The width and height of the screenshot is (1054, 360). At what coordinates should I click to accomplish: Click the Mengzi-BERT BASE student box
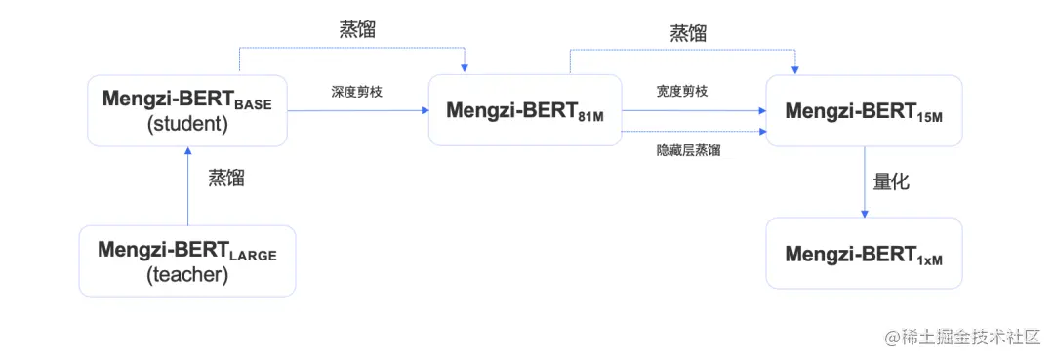(x=187, y=111)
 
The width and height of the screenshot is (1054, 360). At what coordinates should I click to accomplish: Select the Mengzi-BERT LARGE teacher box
(x=187, y=260)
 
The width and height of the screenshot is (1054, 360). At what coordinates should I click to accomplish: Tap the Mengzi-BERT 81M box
(x=525, y=110)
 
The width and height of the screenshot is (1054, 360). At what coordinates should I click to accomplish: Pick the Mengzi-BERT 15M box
(x=864, y=110)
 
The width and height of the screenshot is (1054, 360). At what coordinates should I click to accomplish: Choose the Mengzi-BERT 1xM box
(x=864, y=254)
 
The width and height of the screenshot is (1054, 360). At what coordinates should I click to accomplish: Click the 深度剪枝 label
(x=355, y=91)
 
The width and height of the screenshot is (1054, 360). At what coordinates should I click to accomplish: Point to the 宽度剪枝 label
(x=682, y=91)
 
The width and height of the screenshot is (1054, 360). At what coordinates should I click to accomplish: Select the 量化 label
(x=890, y=181)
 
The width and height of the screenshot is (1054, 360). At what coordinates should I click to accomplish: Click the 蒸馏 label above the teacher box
(x=225, y=179)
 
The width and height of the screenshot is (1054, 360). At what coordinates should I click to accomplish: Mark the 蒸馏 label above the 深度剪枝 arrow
(x=357, y=29)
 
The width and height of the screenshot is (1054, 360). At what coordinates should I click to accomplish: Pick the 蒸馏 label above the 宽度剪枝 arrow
(x=688, y=33)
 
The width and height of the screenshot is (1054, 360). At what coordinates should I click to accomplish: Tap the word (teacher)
(x=186, y=275)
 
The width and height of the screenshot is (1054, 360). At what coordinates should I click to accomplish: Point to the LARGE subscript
(x=253, y=256)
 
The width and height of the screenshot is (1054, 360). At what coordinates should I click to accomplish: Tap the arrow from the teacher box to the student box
(x=187, y=186)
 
